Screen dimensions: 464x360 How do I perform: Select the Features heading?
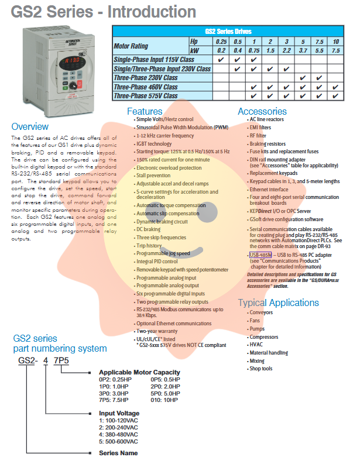coord(149,111)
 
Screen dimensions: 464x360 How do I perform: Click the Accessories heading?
coord(262,111)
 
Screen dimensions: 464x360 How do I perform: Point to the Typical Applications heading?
coord(278,303)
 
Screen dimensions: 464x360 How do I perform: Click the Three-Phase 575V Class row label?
coord(146,95)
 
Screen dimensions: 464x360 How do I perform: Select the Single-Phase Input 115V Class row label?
coord(154,60)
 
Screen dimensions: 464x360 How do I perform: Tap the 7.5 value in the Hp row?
coord(319,42)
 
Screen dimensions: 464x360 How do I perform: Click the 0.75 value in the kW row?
coord(253,51)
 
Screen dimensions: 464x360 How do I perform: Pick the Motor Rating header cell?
coord(131,46)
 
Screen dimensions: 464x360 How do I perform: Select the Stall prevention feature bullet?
coord(153,175)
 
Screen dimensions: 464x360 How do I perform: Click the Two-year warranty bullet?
coord(157,332)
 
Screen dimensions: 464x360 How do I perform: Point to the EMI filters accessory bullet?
coord(260,127)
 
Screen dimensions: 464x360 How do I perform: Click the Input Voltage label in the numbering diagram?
coord(119,413)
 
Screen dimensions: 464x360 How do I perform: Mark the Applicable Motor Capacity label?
coord(139,372)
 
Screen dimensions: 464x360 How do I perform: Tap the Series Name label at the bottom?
coord(118,453)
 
